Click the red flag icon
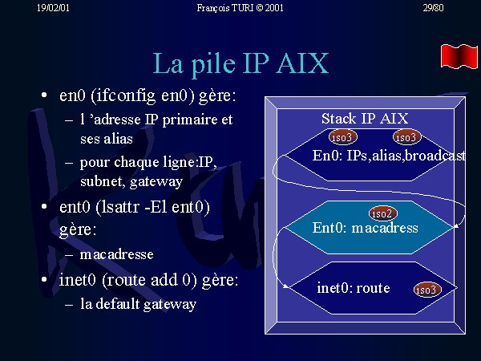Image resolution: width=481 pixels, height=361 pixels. point(459,56)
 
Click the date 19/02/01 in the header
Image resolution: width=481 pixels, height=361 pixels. point(53,8)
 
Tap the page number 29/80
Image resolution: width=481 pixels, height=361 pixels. point(433,8)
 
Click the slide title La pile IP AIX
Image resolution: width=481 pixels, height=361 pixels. point(240,63)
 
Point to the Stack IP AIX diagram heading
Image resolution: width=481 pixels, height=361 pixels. point(365,119)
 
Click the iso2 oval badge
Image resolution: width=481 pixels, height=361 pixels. point(383,213)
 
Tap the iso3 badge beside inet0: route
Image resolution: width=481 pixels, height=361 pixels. point(427,290)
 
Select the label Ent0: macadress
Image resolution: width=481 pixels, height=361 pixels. point(365,228)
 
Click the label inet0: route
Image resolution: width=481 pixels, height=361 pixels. point(354,288)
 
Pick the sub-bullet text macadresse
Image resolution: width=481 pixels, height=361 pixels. point(116,254)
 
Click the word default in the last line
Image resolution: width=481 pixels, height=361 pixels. point(118,303)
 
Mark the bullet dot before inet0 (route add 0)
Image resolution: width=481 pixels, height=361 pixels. point(44,279)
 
